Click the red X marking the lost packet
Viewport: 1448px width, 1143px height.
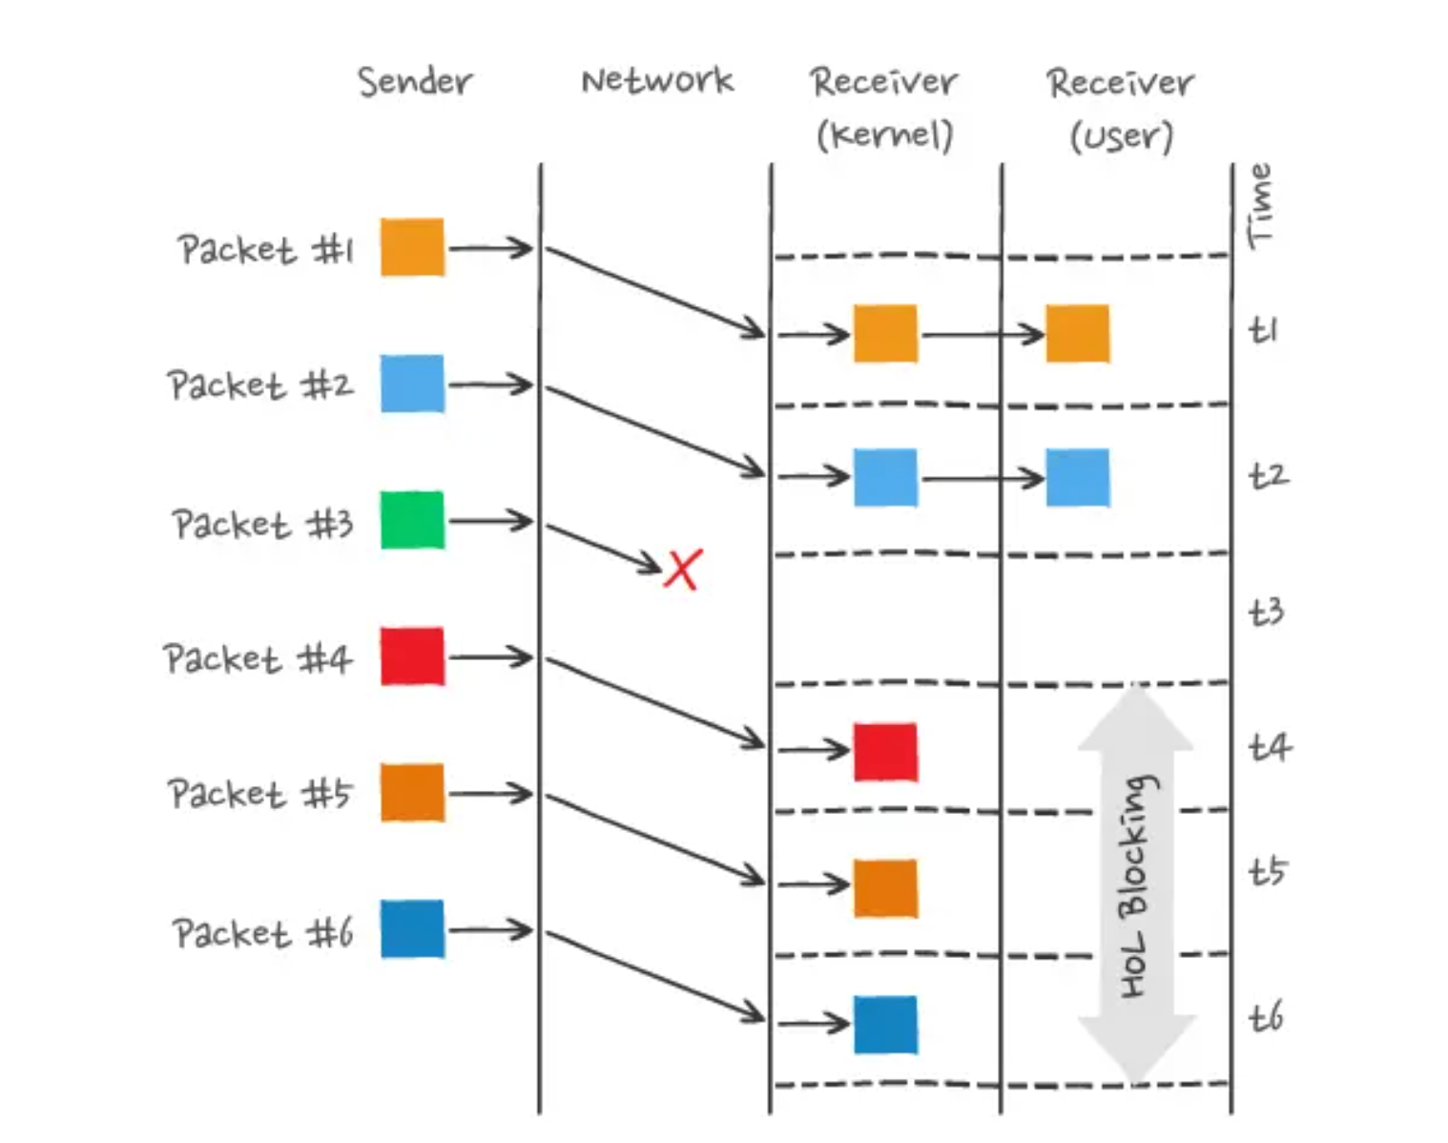coord(683,569)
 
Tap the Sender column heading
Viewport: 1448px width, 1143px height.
coord(415,81)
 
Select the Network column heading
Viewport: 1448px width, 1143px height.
coord(657,80)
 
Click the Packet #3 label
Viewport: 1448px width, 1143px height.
coord(262,524)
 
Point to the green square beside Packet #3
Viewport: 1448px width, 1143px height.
coord(412,520)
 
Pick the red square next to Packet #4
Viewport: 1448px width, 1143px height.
coord(412,656)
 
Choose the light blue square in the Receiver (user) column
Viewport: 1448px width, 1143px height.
coord(1077,477)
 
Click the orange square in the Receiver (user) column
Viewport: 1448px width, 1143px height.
coord(1077,334)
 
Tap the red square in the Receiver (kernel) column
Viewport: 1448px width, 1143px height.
coord(885,752)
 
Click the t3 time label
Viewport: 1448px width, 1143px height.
coord(1267,612)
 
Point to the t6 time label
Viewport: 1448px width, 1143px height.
coord(1267,1017)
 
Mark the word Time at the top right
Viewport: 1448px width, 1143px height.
coord(1261,205)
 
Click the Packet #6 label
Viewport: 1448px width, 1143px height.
coord(262,932)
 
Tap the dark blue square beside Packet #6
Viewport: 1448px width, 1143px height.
coord(412,928)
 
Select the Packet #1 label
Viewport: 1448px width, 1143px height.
coord(265,249)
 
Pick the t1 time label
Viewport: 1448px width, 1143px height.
coord(1263,330)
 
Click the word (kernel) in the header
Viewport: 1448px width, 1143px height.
coord(884,135)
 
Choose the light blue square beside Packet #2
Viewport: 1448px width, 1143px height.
coord(412,384)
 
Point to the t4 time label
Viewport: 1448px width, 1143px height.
coord(1270,747)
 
